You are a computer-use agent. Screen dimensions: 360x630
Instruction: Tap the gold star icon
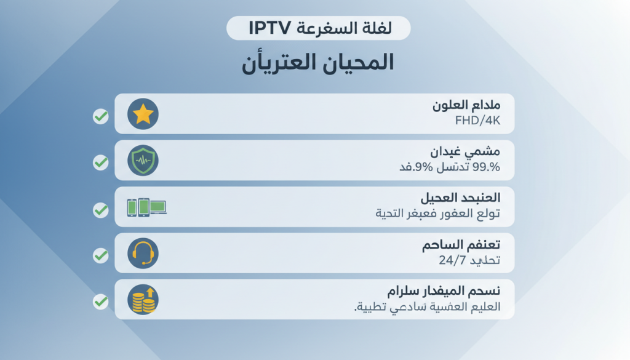pos(143,114)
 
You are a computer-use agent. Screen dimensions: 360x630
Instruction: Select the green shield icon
pos(143,161)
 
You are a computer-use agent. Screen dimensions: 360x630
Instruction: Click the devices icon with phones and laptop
pos(146,207)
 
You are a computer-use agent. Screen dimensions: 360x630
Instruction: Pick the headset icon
pos(143,253)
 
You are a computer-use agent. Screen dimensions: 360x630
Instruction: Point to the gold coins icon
pos(142,300)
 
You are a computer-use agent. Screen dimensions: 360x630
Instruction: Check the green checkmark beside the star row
pos(101,116)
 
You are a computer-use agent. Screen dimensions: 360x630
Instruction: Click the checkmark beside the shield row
pos(101,162)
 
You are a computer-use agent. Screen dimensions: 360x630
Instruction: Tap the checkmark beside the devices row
pos(101,210)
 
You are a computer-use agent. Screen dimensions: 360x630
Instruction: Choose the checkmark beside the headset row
pos(101,255)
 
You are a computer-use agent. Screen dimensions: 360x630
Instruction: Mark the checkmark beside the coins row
pos(101,302)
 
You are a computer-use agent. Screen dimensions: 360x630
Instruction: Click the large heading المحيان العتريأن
pos(317,64)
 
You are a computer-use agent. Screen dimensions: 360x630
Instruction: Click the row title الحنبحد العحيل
pos(460,198)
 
